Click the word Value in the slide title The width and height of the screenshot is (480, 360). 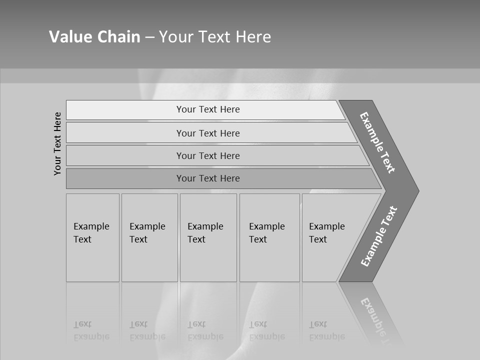(x=69, y=36)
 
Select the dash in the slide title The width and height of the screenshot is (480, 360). (x=149, y=37)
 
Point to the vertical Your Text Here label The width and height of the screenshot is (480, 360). (x=57, y=143)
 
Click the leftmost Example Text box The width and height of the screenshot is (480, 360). (x=92, y=237)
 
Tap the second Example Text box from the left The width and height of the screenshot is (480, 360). (x=149, y=237)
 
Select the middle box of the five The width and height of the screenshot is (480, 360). (x=208, y=237)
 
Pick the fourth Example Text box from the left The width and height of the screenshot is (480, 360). (x=269, y=237)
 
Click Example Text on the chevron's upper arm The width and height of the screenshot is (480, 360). (x=377, y=142)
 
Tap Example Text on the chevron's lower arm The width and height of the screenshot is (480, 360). (x=378, y=236)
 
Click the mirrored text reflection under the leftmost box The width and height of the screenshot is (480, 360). (x=91, y=330)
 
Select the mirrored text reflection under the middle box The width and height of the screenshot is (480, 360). (x=205, y=330)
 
